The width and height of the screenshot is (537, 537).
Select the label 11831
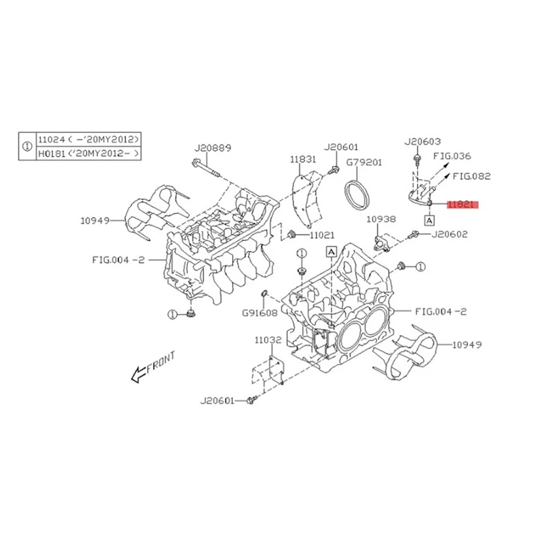pos(303,160)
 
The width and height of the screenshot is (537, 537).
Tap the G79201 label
pos(363,162)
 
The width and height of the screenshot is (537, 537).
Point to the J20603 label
pos(422,142)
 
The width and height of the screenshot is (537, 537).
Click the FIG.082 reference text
pos(471,177)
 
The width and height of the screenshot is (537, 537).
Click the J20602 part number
pos(449,235)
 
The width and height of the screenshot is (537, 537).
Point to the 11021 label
pos(322,235)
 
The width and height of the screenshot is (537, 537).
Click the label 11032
pos(267,341)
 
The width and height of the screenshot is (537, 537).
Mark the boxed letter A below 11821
pos(429,219)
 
